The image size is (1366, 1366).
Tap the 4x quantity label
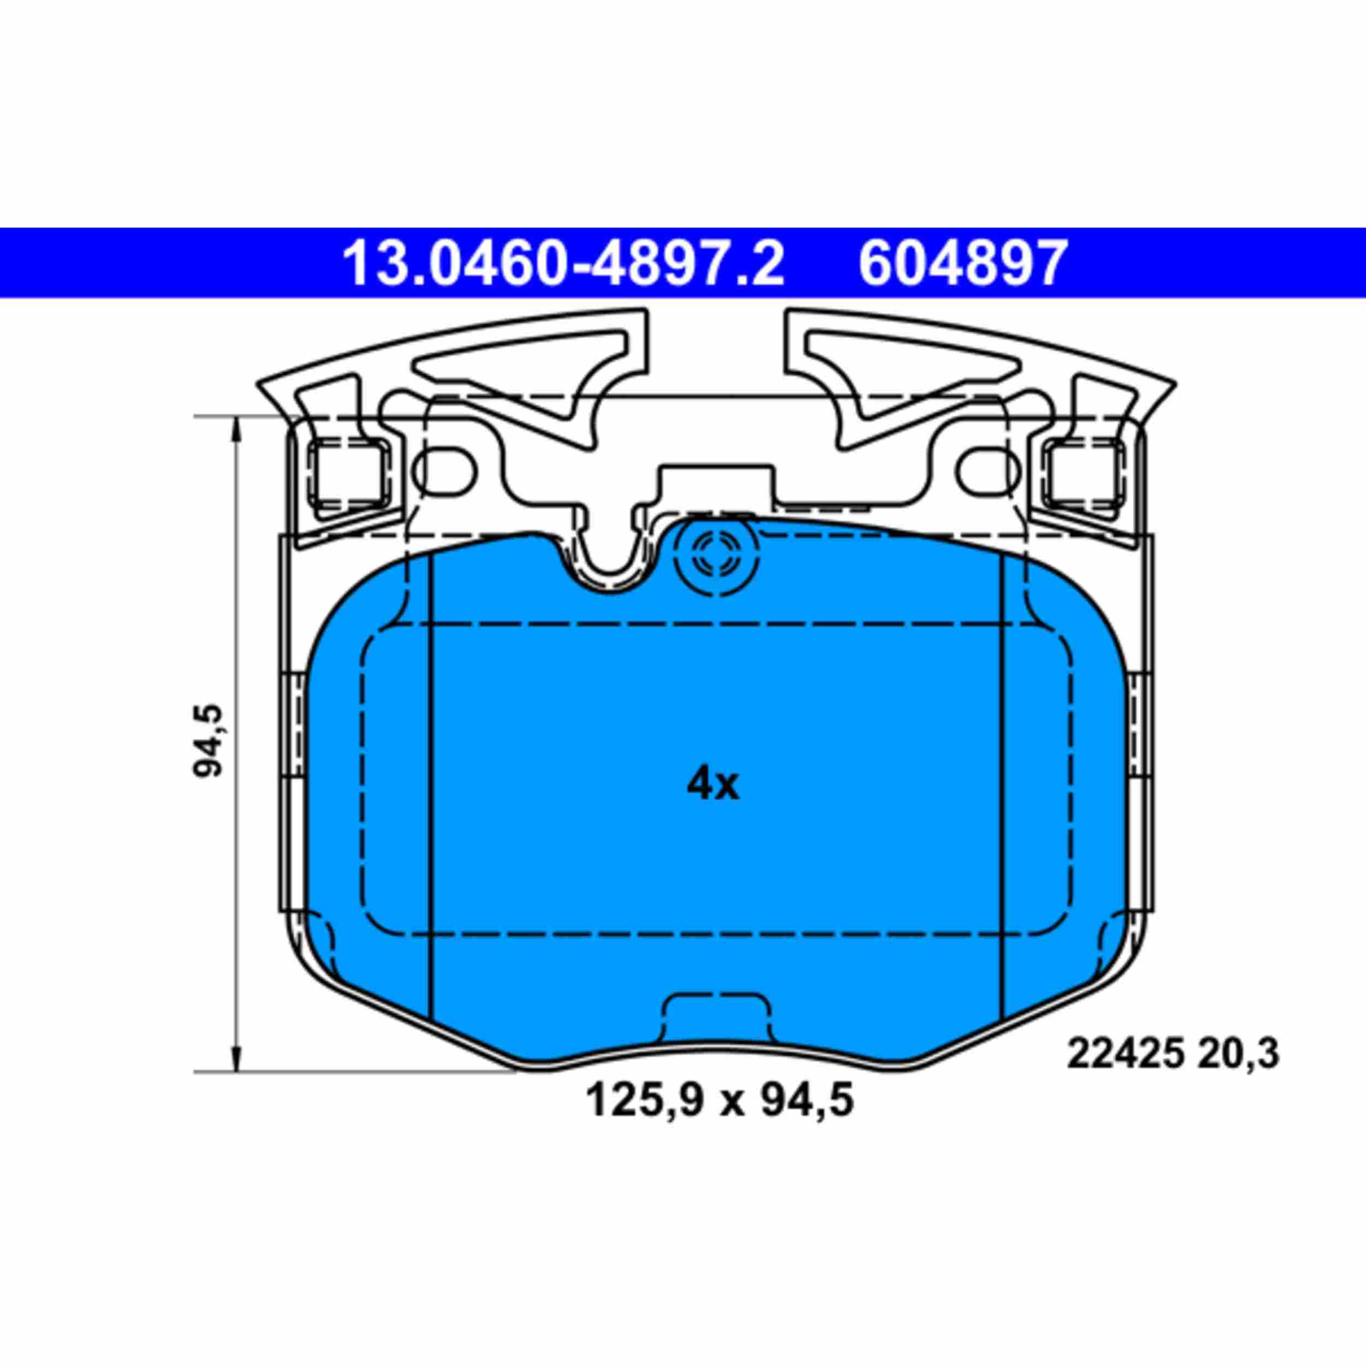pos(713,784)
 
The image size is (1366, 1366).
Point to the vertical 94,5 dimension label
pos(209,740)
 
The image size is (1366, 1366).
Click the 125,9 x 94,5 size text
pos(720,1101)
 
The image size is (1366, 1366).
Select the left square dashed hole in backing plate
pos(349,472)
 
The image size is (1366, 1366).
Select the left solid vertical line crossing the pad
pos(431,778)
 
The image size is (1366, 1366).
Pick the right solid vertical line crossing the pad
pos(1003,778)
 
